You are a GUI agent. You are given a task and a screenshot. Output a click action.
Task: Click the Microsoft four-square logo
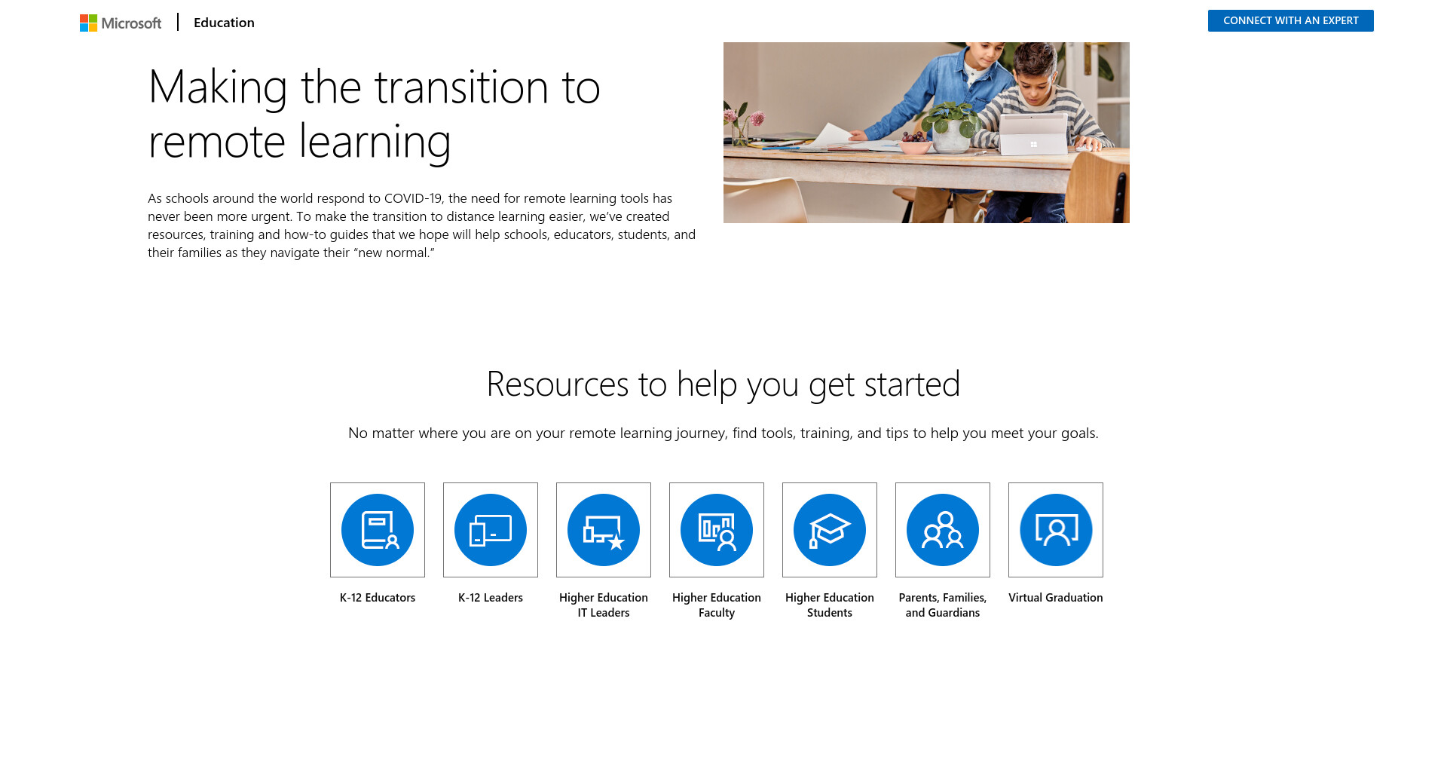pyautogui.click(x=88, y=23)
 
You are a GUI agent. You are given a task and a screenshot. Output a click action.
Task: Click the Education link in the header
pyautogui.click(x=224, y=23)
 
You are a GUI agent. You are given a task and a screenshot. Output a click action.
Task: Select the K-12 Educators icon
pyautogui.click(x=378, y=530)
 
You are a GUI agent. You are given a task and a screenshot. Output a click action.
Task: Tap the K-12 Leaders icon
pyautogui.click(x=491, y=530)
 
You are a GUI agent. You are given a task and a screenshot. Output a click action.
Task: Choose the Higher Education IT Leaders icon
pyautogui.click(x=604, y=530)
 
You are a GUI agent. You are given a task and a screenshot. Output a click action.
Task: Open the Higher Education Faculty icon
pyautogui.click(x=717, y=530)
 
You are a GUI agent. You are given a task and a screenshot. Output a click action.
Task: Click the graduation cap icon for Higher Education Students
pyautogui.click(x=830, y=530)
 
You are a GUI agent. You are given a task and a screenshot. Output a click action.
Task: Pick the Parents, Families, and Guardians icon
pyautogui.click(x=943, y=530)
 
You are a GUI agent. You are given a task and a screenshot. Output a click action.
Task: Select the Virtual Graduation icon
pyautogui.click(x=1056, y=530)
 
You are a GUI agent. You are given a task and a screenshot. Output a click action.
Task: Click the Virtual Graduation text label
pyautogui.click(x=1056, y=598)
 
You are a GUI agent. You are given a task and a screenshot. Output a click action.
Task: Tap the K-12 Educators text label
pyautogui.click(x=378, y=598)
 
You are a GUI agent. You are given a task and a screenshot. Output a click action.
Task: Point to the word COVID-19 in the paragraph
pyautogui.click(x=413, y=198)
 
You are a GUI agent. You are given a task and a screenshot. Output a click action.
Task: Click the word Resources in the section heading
pyautogui.click(x=558, y=384)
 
